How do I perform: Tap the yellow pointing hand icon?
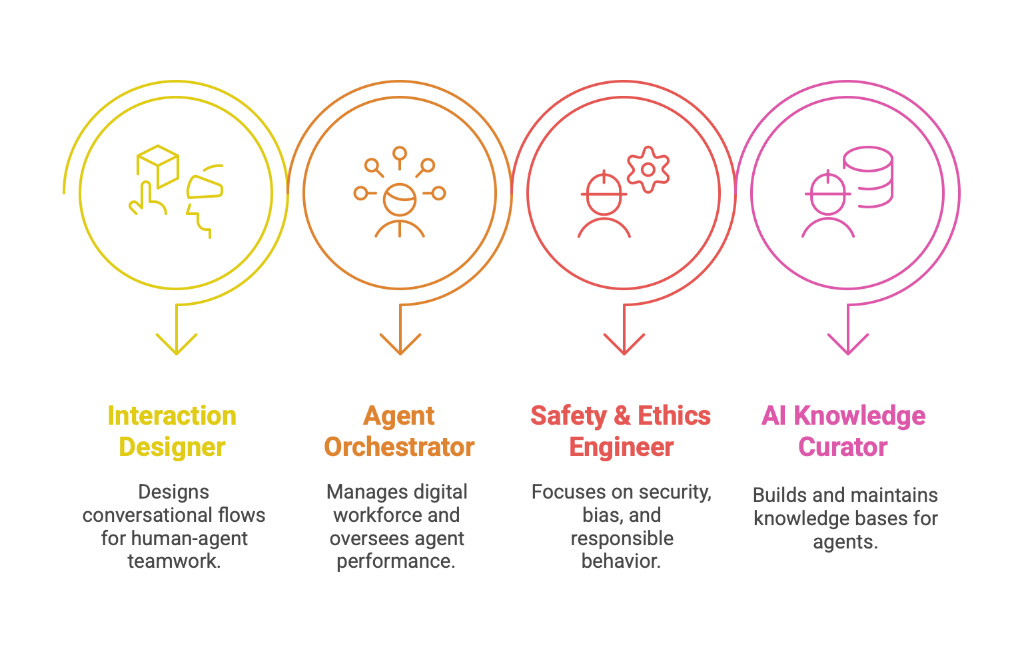[x=147, y=200]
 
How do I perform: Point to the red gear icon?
[x=648, y=169]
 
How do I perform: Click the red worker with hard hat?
[x=604, y=205]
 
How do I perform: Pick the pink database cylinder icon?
[x=868, y=176]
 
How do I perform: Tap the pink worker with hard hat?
[x=827, y=205]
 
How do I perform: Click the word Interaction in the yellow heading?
[x=172, y=416]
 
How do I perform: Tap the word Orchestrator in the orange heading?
[x=399, y=447]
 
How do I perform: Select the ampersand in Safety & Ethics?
[x=622, y=416]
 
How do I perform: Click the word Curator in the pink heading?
[x=843, y=447]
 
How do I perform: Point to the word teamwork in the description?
[x=173, y=561]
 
